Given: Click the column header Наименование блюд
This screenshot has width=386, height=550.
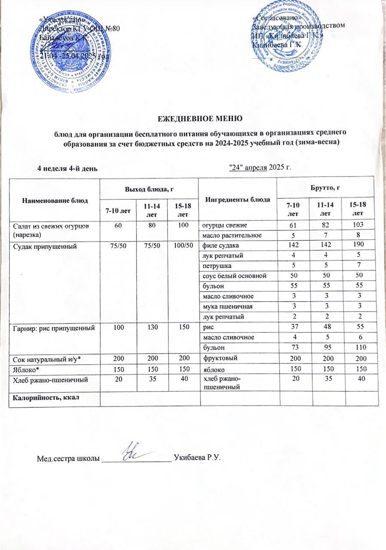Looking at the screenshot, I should [x=55, y=200].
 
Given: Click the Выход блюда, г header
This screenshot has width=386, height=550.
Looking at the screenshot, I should [x=149, y=189].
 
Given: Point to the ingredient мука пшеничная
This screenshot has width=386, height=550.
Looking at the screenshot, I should [x=226, y=307].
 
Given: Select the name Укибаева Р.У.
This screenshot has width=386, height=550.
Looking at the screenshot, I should [x=197, y=457].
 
